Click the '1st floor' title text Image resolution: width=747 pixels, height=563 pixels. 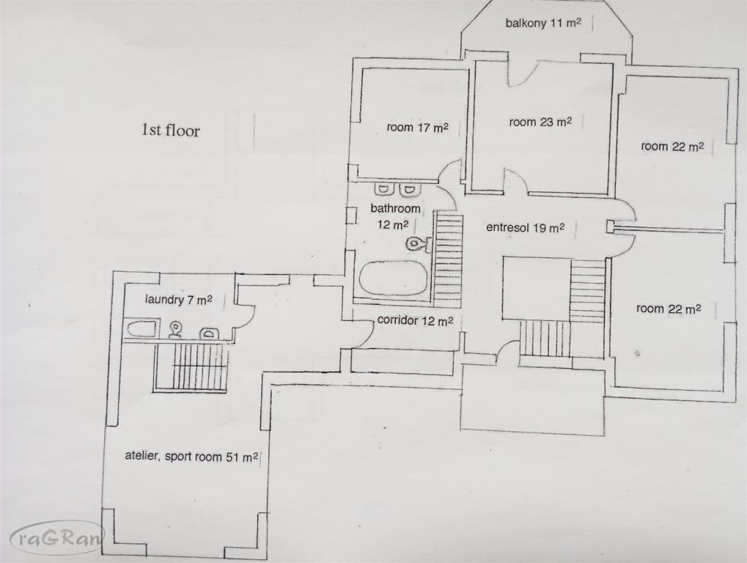tap(170, 130)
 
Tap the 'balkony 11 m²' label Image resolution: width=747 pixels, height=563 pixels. tap(543, 23)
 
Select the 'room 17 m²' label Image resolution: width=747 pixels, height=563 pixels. tap(417, 127)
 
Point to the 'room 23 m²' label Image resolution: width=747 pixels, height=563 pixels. tap(540, 122)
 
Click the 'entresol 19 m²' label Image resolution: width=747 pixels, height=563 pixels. tap(526, 228)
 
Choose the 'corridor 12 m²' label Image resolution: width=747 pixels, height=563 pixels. tap(415, 320)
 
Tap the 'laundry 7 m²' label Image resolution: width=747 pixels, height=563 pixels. tap(178, 300)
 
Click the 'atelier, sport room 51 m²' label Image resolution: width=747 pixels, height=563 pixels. tap(191, 457)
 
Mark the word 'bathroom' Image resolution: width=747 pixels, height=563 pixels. tap(395, 208)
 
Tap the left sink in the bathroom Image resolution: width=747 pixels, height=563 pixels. tap(383, 189)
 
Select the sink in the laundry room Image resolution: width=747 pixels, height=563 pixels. tap(209, 333)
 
